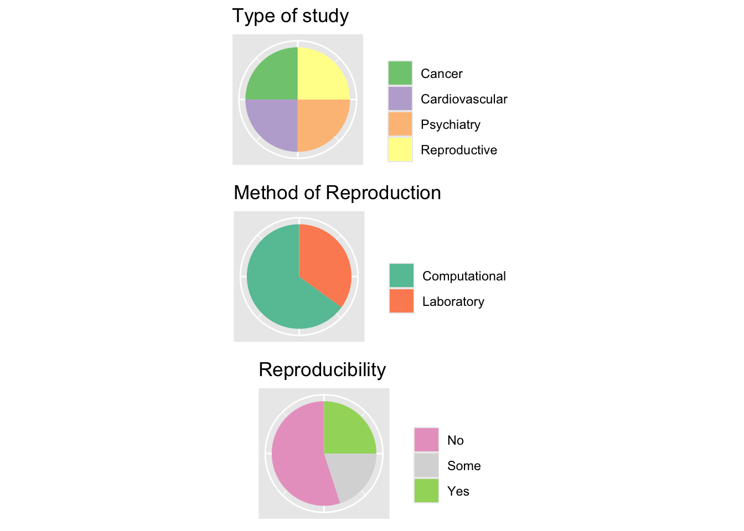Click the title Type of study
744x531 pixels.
point(290,16)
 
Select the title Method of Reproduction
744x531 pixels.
point(337,193)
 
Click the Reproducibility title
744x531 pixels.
point(322,370)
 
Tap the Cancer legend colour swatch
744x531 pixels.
point(400,74)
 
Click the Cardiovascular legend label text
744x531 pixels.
point(464,99)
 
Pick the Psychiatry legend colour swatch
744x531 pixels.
point(400,124)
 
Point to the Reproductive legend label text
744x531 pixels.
point(459,150)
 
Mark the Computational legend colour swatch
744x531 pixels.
point(401,276)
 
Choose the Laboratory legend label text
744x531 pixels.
point(453,301)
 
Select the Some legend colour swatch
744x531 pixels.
point(426,466)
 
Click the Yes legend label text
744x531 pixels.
point(458,491)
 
